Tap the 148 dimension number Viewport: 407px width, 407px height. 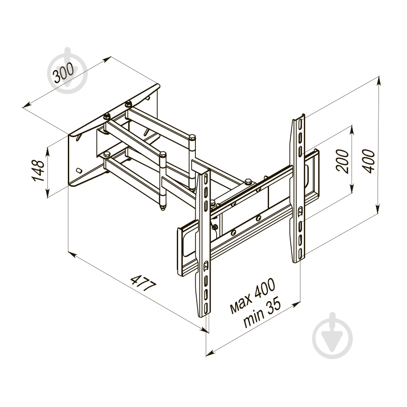pyautogui.click(x=38, y=170)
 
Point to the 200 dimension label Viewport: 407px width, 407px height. pyautogui.click(x=342, y=161)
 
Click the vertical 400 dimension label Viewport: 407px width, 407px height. pyautogui.click(x=369, y=161)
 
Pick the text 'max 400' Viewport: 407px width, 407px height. pyautogui.click(x=252, y=296)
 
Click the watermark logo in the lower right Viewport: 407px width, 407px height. pyautogui.click(x=332, y=335)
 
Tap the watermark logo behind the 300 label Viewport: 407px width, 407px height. pyautogui.click(x=67, y=70)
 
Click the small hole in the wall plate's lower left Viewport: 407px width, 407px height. pyautogui.click(x=79, y=170)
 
